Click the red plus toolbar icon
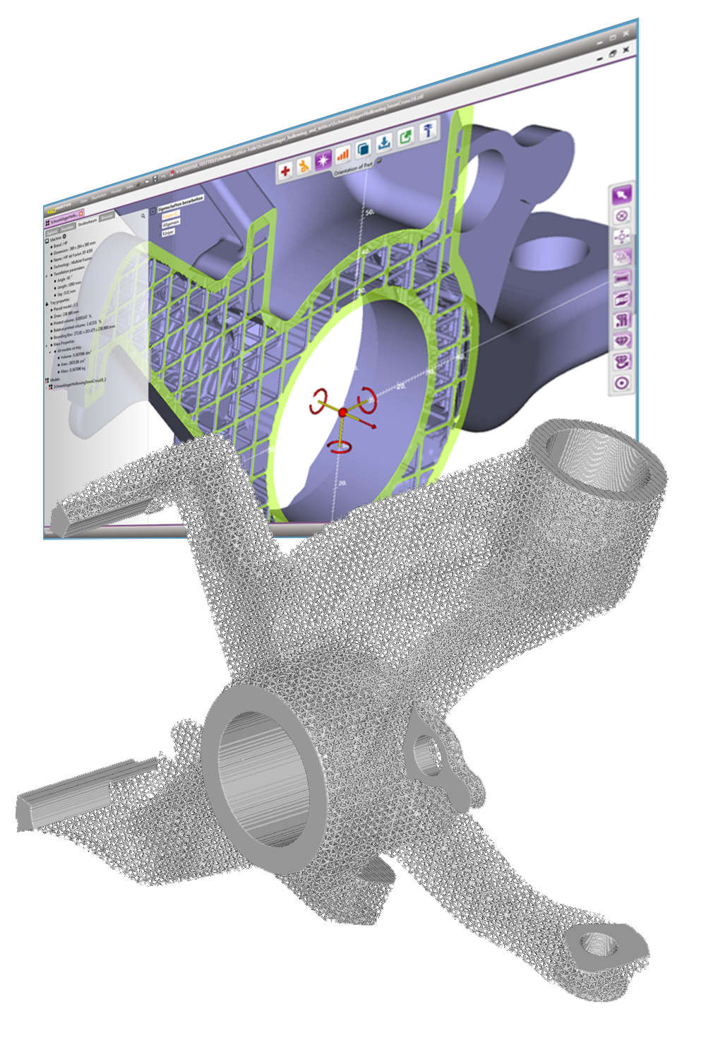click(x=285, y=170)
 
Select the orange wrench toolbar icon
click(x=304, y=165)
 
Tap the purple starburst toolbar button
click(x=323, y=160)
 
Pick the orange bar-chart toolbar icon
click(x=343, y=153)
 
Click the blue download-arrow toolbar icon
click(x=384, y=142)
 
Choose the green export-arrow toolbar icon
click(x=406, y=136)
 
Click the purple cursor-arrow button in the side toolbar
click(x=621, y=194)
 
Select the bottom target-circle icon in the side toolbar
click(x=621, y=383)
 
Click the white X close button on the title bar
click(x=626, y=50)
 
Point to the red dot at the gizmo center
click(x=342, y=412)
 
